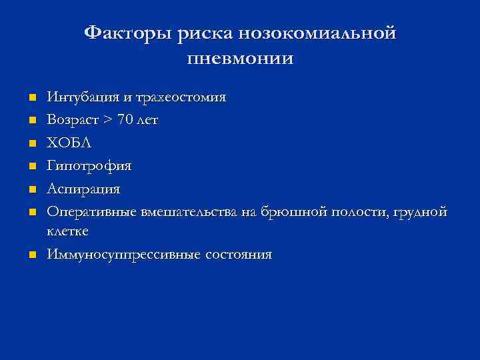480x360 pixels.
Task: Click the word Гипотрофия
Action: click(89, 166)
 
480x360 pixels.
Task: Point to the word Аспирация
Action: click(83, 189)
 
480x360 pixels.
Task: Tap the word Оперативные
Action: click(91, 212)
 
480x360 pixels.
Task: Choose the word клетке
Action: click(67, 231)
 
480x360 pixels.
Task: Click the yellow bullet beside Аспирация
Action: click(31, 190)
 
